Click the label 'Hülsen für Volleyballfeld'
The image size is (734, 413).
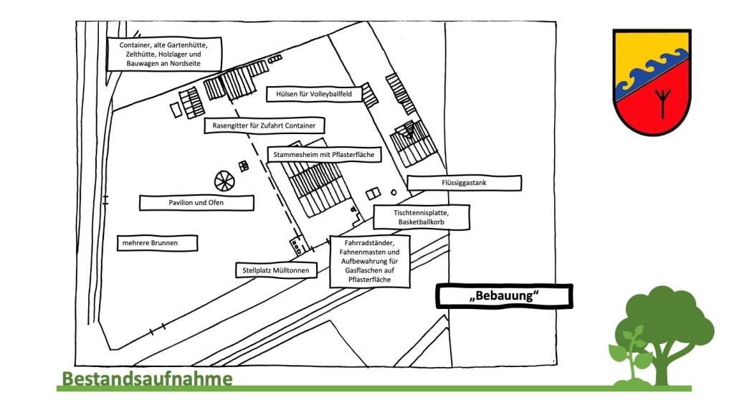coord(314,94)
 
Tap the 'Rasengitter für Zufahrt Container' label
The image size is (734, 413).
coord(264,125)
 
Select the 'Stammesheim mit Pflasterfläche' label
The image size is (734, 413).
coord(323,154)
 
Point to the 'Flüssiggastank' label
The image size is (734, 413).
coord(464,184)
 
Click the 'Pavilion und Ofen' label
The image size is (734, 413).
coord(196,203)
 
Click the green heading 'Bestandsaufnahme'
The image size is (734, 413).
coord(147,378)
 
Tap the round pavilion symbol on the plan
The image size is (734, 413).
coord(224,181)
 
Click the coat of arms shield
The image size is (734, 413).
coord(652,82)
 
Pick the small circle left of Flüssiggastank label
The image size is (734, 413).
coord(394,192)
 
